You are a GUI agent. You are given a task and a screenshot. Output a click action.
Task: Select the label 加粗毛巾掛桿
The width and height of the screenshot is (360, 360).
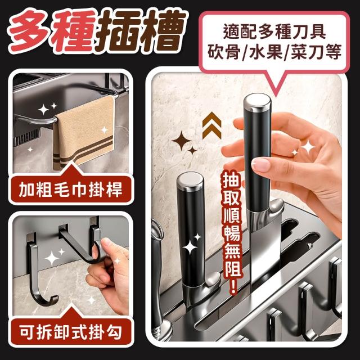tap(70, 190)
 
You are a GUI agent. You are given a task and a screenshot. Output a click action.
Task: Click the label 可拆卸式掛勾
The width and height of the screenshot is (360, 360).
tap(70, 332)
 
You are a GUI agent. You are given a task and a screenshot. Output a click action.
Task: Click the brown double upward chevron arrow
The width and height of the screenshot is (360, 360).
tap(211, 125)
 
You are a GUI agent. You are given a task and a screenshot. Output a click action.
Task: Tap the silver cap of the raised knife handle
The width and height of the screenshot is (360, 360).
tap(257, 102)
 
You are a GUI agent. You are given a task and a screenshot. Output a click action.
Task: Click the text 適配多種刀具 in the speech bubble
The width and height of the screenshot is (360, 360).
tap(274, 32)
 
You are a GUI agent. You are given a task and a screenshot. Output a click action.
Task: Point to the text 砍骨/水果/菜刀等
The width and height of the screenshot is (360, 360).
tap(274, 52)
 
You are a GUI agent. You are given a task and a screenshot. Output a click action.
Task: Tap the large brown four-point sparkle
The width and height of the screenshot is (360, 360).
tap(181, 141)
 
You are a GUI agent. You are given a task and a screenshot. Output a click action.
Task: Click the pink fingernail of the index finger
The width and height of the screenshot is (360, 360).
tap(260, 164)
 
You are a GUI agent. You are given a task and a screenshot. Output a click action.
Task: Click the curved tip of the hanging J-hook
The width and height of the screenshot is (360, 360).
tap(55, 300)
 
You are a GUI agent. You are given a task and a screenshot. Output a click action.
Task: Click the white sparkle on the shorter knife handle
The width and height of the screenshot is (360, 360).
tap(190, 247)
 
